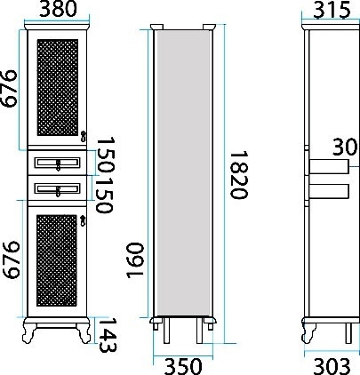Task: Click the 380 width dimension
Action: (x=58, y=9)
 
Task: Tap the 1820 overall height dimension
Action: (x=239, y=175)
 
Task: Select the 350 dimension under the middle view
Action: (x=183, y=366)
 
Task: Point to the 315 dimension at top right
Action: (x=332, y=10)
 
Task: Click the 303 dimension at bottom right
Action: (x=332, y=367)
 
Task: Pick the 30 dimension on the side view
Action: (x=345, y=147)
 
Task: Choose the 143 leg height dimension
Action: (x=108, y=335)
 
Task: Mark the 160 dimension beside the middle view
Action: (x=135, y=260)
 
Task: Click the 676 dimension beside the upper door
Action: (x=8, y=88)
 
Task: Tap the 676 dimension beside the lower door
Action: (x=11, y=259)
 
